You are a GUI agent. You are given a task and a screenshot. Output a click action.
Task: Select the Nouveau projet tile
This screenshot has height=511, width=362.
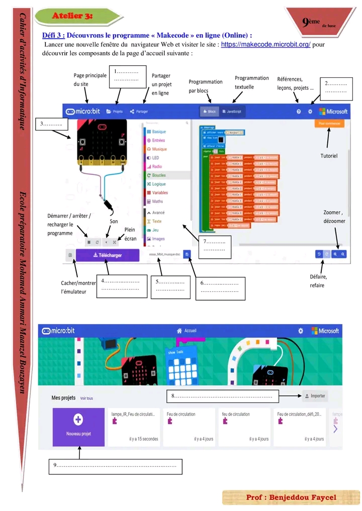click(x=78, y=427)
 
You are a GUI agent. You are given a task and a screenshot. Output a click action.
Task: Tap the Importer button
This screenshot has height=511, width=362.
click(x=315, y=396)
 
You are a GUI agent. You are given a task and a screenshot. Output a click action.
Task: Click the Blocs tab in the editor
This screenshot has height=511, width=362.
click(x=209, y=111)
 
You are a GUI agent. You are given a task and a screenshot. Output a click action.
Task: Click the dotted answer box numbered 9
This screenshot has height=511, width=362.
click(x=115, y=466)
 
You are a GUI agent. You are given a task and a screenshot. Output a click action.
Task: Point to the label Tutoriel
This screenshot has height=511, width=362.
click(x=329, y=156)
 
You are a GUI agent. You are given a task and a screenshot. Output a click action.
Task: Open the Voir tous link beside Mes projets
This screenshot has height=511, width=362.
click(x=86, y=399)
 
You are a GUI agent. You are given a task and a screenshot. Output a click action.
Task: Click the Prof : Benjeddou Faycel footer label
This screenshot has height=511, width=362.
click(x=291, y=497)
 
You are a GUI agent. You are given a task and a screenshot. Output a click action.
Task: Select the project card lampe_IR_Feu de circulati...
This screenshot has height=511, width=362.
click(x=134, y=427)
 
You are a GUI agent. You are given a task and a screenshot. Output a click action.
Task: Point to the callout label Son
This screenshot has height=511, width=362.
click(x=114, y=221)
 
